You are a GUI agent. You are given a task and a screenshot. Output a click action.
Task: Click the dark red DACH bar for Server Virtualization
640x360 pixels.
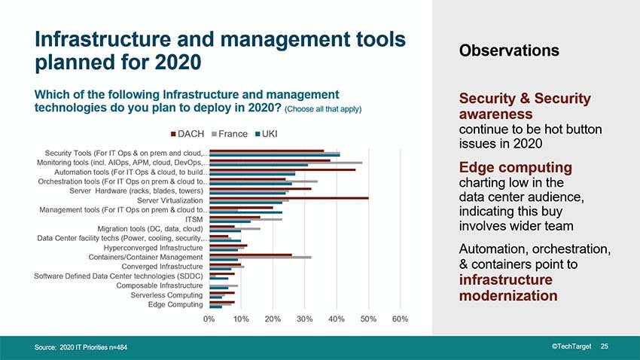click(288, 197)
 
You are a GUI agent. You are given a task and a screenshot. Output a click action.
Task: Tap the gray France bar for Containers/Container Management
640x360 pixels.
click(260, 258)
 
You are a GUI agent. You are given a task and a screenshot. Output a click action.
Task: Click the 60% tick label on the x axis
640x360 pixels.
click(400, 319)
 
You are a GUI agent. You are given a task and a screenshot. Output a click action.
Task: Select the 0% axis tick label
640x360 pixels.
click(209, 319)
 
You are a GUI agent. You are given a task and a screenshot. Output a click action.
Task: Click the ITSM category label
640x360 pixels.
click(194, 219)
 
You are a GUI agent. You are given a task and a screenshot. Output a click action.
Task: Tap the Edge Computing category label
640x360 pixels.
click(175, 304)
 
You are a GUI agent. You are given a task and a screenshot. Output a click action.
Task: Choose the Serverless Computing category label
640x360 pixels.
click(166, 295)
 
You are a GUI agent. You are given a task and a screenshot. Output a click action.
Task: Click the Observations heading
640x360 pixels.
click(508, 50)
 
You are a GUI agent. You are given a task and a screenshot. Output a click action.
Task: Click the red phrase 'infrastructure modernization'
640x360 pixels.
click(508, 288)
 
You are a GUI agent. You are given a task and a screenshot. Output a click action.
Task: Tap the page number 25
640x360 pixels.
click(604, 346)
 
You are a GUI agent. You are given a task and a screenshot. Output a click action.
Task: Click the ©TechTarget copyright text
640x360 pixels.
click(570, 346)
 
